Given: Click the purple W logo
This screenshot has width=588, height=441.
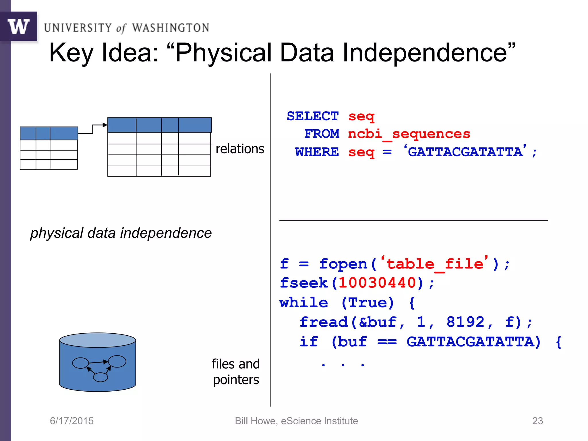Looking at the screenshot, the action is tap(19, 26).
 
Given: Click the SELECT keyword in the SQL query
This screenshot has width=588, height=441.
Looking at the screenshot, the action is tap(313, 116).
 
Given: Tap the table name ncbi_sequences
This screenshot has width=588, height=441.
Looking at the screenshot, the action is tap(409, 134).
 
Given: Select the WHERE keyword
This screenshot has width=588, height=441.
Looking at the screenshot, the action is tap(317, 152).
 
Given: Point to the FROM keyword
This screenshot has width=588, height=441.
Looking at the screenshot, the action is tap(322, 134).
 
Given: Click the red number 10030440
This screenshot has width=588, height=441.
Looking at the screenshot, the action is tap(377, 283).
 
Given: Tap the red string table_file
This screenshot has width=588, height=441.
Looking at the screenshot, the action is tap(435, 264).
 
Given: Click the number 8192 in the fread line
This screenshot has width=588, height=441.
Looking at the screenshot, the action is tap(465, 322).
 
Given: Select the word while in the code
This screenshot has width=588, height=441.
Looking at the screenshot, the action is tap(304, 303).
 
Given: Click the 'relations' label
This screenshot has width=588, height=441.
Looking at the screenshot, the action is tap(240, 149).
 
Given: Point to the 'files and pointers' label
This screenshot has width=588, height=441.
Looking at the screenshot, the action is tap(236, 372).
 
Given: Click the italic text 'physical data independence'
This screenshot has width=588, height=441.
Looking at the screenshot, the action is tap(121, 233).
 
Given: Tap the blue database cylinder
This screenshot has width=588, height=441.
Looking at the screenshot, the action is tap(98, 362).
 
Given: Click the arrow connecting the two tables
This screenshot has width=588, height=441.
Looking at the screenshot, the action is tap(93, 129).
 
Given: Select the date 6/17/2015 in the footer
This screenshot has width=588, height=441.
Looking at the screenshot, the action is tap(72, 421).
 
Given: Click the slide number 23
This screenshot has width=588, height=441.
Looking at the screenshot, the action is tap(537, 421).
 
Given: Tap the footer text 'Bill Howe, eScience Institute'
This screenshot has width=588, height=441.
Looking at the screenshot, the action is tap(296, 421).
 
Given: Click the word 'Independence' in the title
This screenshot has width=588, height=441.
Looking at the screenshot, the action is tap(425, 53).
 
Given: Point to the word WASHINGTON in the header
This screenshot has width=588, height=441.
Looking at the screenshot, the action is tap(171, 28).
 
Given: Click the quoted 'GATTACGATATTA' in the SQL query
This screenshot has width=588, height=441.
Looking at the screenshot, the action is tap(465, 152).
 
